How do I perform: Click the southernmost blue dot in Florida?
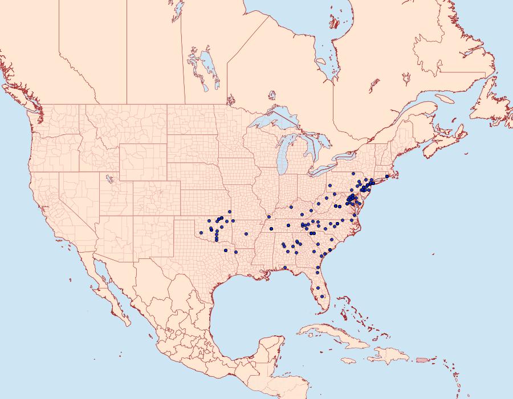coord(323,296)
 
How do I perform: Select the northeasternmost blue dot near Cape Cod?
coord(387,176)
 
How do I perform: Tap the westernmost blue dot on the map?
coord(201,232)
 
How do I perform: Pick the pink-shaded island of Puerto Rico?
coord(422,359)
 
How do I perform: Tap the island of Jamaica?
coord(349,360)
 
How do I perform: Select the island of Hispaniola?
coord(388,356)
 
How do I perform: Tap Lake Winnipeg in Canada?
coord(205,67)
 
